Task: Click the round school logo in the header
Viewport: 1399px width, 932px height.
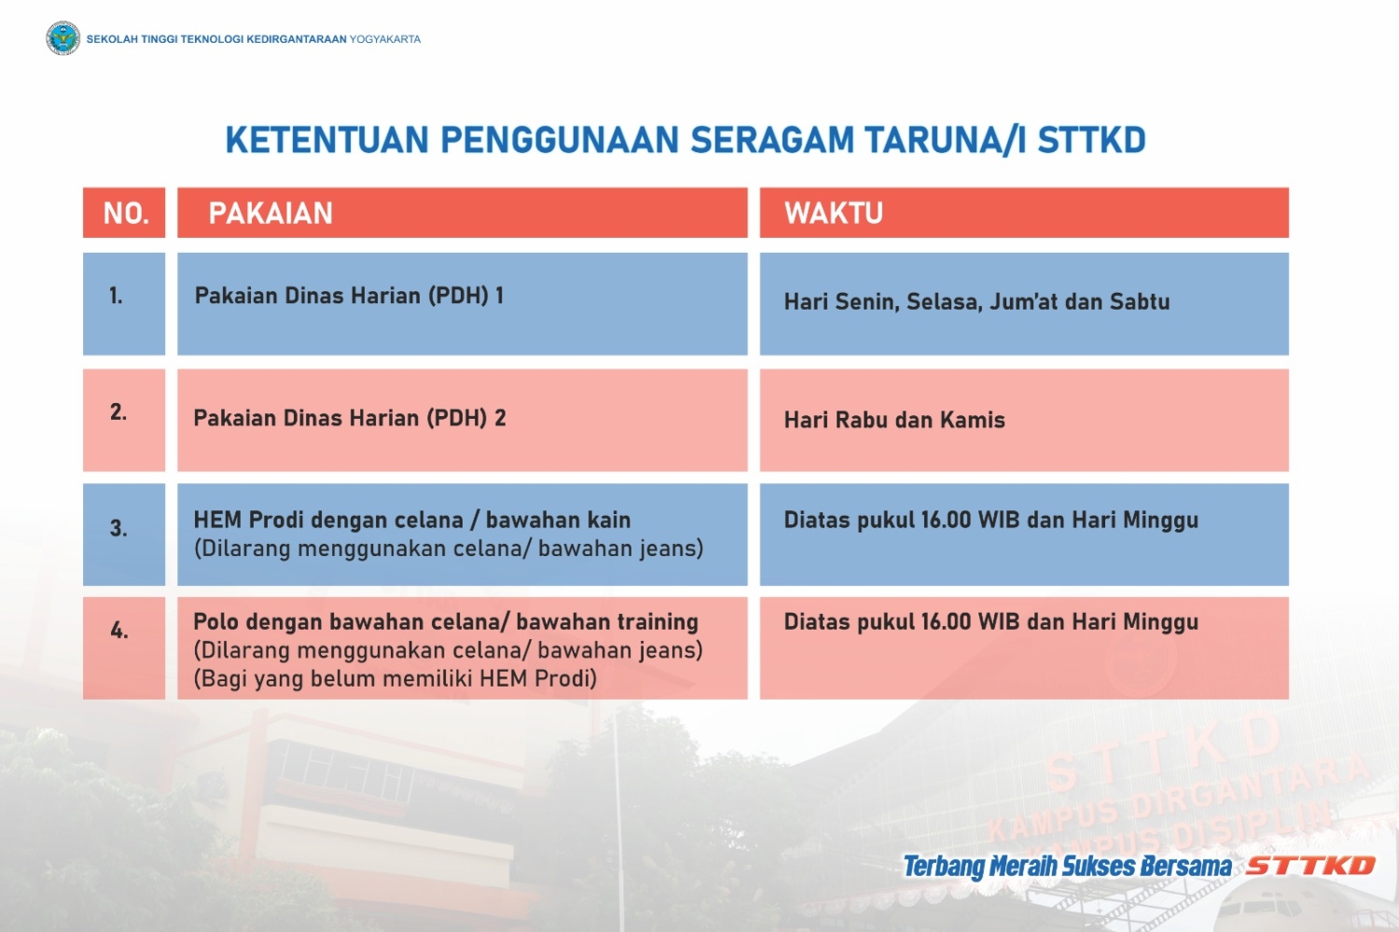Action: click(x=63, y=38)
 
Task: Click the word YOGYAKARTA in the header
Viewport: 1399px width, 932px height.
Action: click(x=384, y=39)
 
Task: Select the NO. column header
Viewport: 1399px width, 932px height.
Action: click(x=126, y=214)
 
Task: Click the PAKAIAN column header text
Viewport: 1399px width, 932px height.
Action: click(x=270, y=214)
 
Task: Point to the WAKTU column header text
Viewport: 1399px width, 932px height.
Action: click(x=834, y=214)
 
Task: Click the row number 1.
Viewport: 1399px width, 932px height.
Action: click(x=116, y=296)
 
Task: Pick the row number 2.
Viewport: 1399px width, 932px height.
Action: click(x=118, y=411)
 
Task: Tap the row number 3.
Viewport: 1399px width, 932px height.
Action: click(x=118, y=528)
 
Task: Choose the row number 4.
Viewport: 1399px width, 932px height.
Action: click(x=118, y=631)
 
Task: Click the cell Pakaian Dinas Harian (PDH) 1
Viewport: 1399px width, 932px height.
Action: click(x=349, y=296)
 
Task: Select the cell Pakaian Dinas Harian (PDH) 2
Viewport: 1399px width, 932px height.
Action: click(x=349, y=418)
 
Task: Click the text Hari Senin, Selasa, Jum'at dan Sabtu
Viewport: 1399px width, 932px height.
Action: click(x=977, y=302)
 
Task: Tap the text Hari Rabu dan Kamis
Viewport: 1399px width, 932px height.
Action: click(x=894, y=420)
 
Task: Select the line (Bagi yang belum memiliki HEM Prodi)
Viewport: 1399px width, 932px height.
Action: click(x=395, y=678)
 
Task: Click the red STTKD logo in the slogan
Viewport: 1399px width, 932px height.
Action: click(x=1310, y=866)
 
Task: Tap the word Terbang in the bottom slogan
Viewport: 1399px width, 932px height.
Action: click(x=944, y=867)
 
